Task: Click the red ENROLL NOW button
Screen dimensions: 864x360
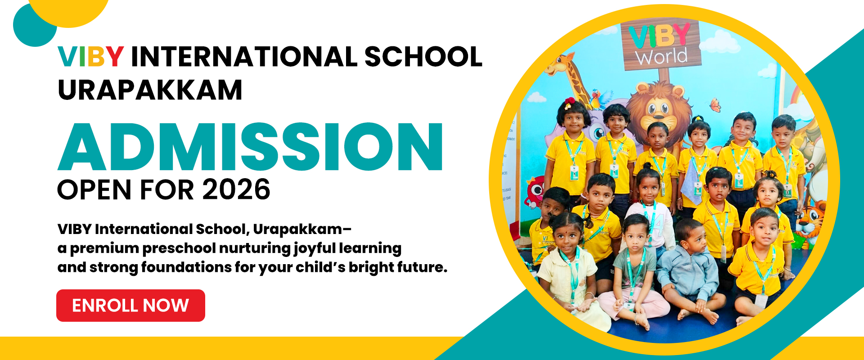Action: coord(130,306)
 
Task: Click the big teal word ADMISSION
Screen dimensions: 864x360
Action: coord(250,147)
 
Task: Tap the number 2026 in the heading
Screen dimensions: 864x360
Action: coord(236,189)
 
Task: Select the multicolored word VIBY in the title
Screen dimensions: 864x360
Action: coord(90,57)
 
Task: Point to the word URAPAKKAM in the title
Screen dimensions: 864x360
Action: coord(150,90)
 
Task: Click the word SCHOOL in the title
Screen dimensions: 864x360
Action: coord(423,57)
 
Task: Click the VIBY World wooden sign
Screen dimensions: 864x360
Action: coord(661,45)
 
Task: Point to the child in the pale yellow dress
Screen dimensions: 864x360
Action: coord(569,270)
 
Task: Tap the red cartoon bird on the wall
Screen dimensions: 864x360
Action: coord(535,191)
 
